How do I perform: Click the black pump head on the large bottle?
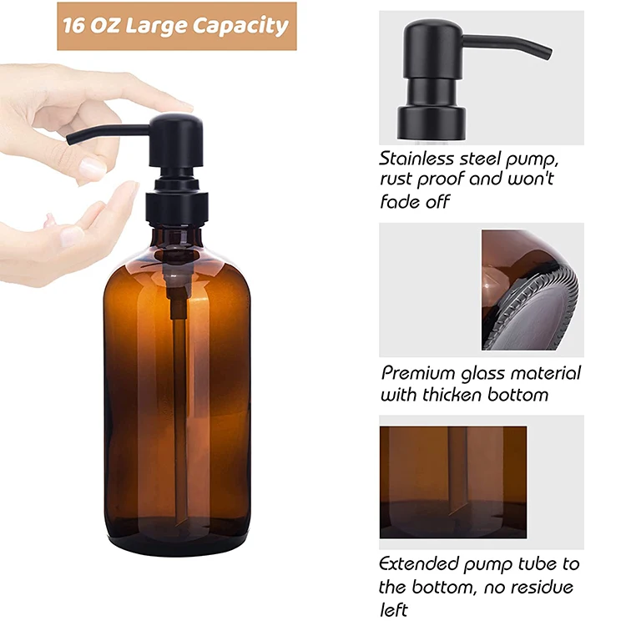point(175,142)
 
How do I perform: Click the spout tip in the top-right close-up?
point(547,52)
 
